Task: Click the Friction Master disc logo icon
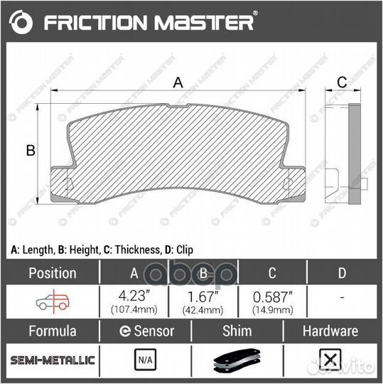pyautogui.click(x=21, y=22)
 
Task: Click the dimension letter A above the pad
pyautogui.click(x=178, y=82)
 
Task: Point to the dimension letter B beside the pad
pyautogui.click(x=31, y=150)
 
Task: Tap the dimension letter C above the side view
pyautogui.click(x=342, y=82)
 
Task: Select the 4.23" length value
pyautogui.click(x=134, y=296)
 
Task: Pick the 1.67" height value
pyautogui.click(x=203, y=297)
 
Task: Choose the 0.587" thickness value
pyautogui.click(x=273, y=297)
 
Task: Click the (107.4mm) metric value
pyautogui.click(x=134, y=309)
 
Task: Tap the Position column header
pyautogui.click(x=53, y=273)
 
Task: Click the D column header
pyautogui.click(x=342, y=273)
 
